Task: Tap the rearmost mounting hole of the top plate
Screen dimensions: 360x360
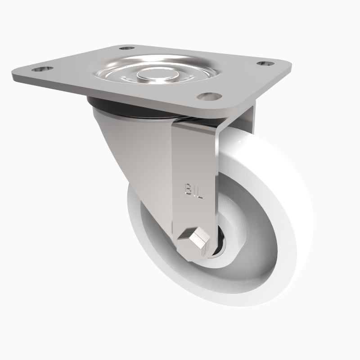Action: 127,47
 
